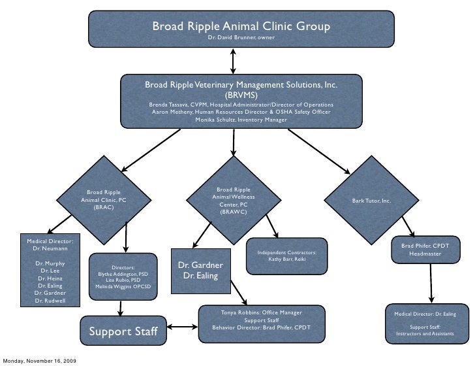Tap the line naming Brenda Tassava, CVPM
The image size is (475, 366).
(x=241, y=105)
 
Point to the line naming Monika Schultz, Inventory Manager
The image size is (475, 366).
(x=241, y=120)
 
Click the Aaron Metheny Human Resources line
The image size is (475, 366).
(x=241, y=112)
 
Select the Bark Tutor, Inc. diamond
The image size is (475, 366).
(x=371, y=199)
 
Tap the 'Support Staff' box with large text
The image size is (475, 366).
(x=123, y=331)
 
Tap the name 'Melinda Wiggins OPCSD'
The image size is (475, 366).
(x=123, y=286)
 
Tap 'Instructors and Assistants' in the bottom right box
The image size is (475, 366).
(x=425, y=334)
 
